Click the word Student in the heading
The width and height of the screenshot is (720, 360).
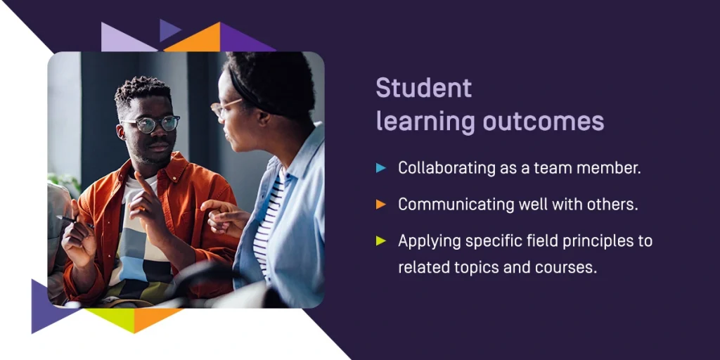pyautogui.click(x=424, y=88)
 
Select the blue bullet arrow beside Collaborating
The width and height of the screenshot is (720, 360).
pyautogui.click(x=380, y=167)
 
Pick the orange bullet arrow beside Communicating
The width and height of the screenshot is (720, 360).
pyautogui.click(x=380, y=205)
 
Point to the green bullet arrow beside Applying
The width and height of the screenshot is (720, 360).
pyautogui.click(x=380, y=240)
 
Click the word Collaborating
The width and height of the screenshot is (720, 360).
pyautogui.click(x=441, y=169)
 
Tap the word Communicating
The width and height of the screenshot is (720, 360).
pyautogui.click(x=449, y=205)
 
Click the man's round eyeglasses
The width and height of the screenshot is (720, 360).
pyautogui.click(x=150, y=124)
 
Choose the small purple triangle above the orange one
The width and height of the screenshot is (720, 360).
pyautogui.click(x=167, y=30)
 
